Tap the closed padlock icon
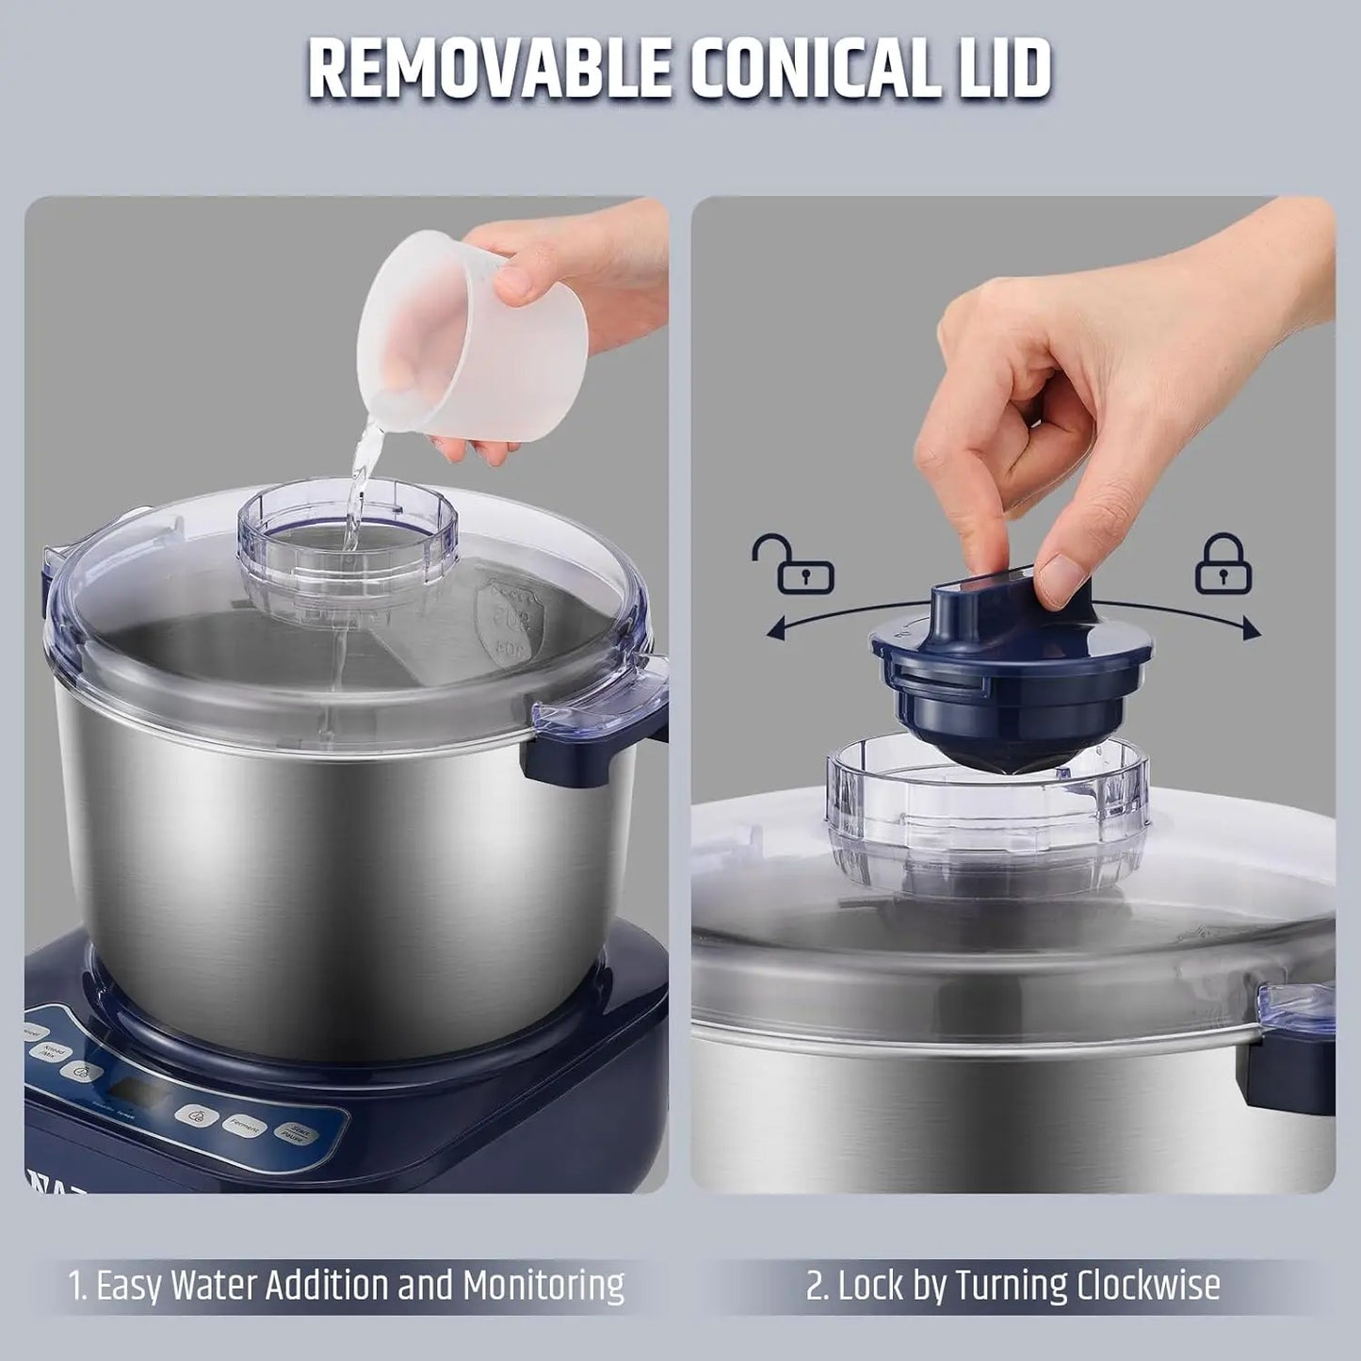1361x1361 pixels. tap(1223, 564)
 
